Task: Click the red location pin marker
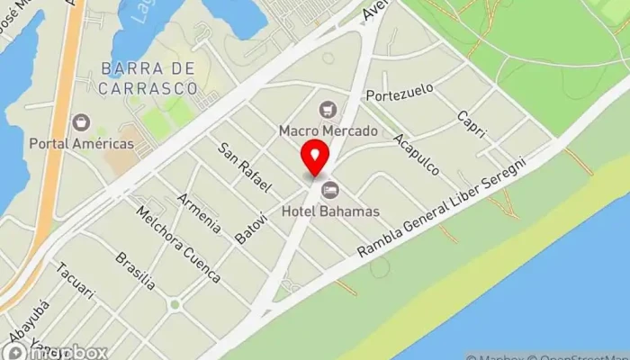click(315, 159)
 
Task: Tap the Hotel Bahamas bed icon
click(330, 190)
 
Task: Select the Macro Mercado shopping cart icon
click(328, 110)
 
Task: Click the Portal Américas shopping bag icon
click(82, 121)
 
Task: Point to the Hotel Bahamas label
click(330, 211)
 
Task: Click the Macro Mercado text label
click(328, 131)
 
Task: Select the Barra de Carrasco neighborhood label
click(149, 77)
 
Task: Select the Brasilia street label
click(135, 271)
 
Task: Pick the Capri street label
click(471, 124)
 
